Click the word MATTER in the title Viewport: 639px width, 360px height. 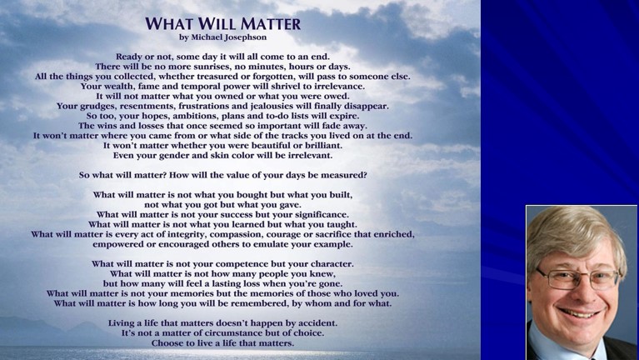(x=270, y=23)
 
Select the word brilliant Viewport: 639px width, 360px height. (x=321, y=146)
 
